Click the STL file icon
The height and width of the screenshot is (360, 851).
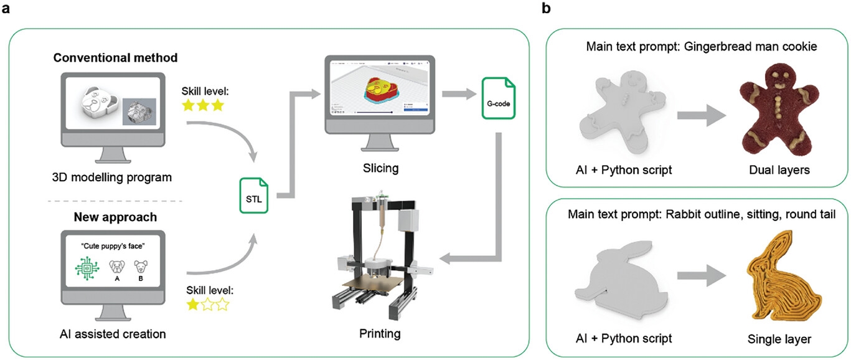(x=253, y=194)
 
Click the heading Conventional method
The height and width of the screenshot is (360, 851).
(x=115, y=58)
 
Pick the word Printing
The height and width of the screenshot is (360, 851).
(x=379, y=333)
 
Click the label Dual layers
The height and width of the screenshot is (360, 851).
(x=773, y=170)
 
